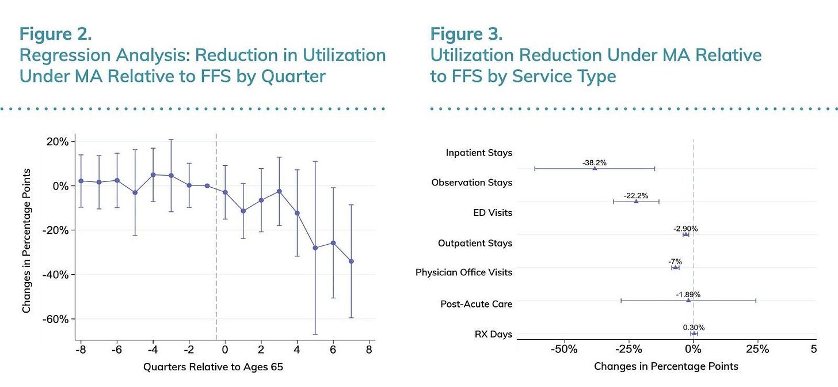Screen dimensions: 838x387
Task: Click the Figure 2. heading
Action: [x=55, y=34]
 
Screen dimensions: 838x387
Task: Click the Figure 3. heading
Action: [x=466, y=34]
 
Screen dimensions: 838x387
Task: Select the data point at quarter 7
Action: [x=351, y=261]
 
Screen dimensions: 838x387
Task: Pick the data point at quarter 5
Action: [x=315, y=248]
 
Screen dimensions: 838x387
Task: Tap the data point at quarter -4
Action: [x=153, y=175]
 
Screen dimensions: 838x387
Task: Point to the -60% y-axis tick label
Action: [x=55, y=319]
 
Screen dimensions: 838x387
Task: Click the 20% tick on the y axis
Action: [x=58, y=142]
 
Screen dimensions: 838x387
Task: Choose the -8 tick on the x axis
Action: [x=81, y=350]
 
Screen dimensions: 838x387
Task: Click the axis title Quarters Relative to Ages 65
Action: [x=213, y=367]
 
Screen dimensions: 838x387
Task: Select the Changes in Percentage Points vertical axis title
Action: [x=26, y=241]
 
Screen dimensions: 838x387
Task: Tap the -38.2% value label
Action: [x=595, y=163]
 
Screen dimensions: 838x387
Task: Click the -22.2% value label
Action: [x=636, y=196]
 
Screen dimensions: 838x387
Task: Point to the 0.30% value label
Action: [x=694, y=328]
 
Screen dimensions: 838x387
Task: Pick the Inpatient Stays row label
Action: [x=479, y=153]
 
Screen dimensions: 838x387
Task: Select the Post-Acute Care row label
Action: [x=476, y=304]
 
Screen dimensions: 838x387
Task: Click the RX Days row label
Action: [x=493, y=334]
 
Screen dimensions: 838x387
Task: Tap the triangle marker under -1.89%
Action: [x=688, y=300]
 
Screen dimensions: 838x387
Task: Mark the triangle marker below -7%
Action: [x=675, y=268]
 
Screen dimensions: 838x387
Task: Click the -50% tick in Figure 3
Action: [x=564, y=350]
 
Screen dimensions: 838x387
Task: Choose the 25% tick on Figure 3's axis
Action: [x=757, y=349]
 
